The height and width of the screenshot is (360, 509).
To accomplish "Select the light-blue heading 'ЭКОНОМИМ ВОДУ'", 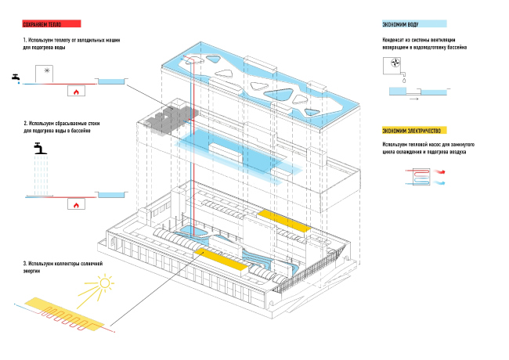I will point(402,25).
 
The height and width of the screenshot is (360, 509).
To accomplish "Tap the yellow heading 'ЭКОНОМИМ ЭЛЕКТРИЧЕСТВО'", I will point(413,130).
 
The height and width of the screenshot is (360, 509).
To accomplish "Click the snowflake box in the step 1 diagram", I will point(46,72).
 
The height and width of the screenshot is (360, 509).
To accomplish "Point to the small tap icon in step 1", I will point(16,77).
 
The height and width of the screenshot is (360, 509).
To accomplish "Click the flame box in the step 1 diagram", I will point(77,91).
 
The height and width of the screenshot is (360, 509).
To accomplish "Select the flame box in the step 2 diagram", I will point(77,204).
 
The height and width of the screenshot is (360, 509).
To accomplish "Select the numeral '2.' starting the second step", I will point(25,124).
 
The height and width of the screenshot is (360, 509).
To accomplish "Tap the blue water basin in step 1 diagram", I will point(111,80).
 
